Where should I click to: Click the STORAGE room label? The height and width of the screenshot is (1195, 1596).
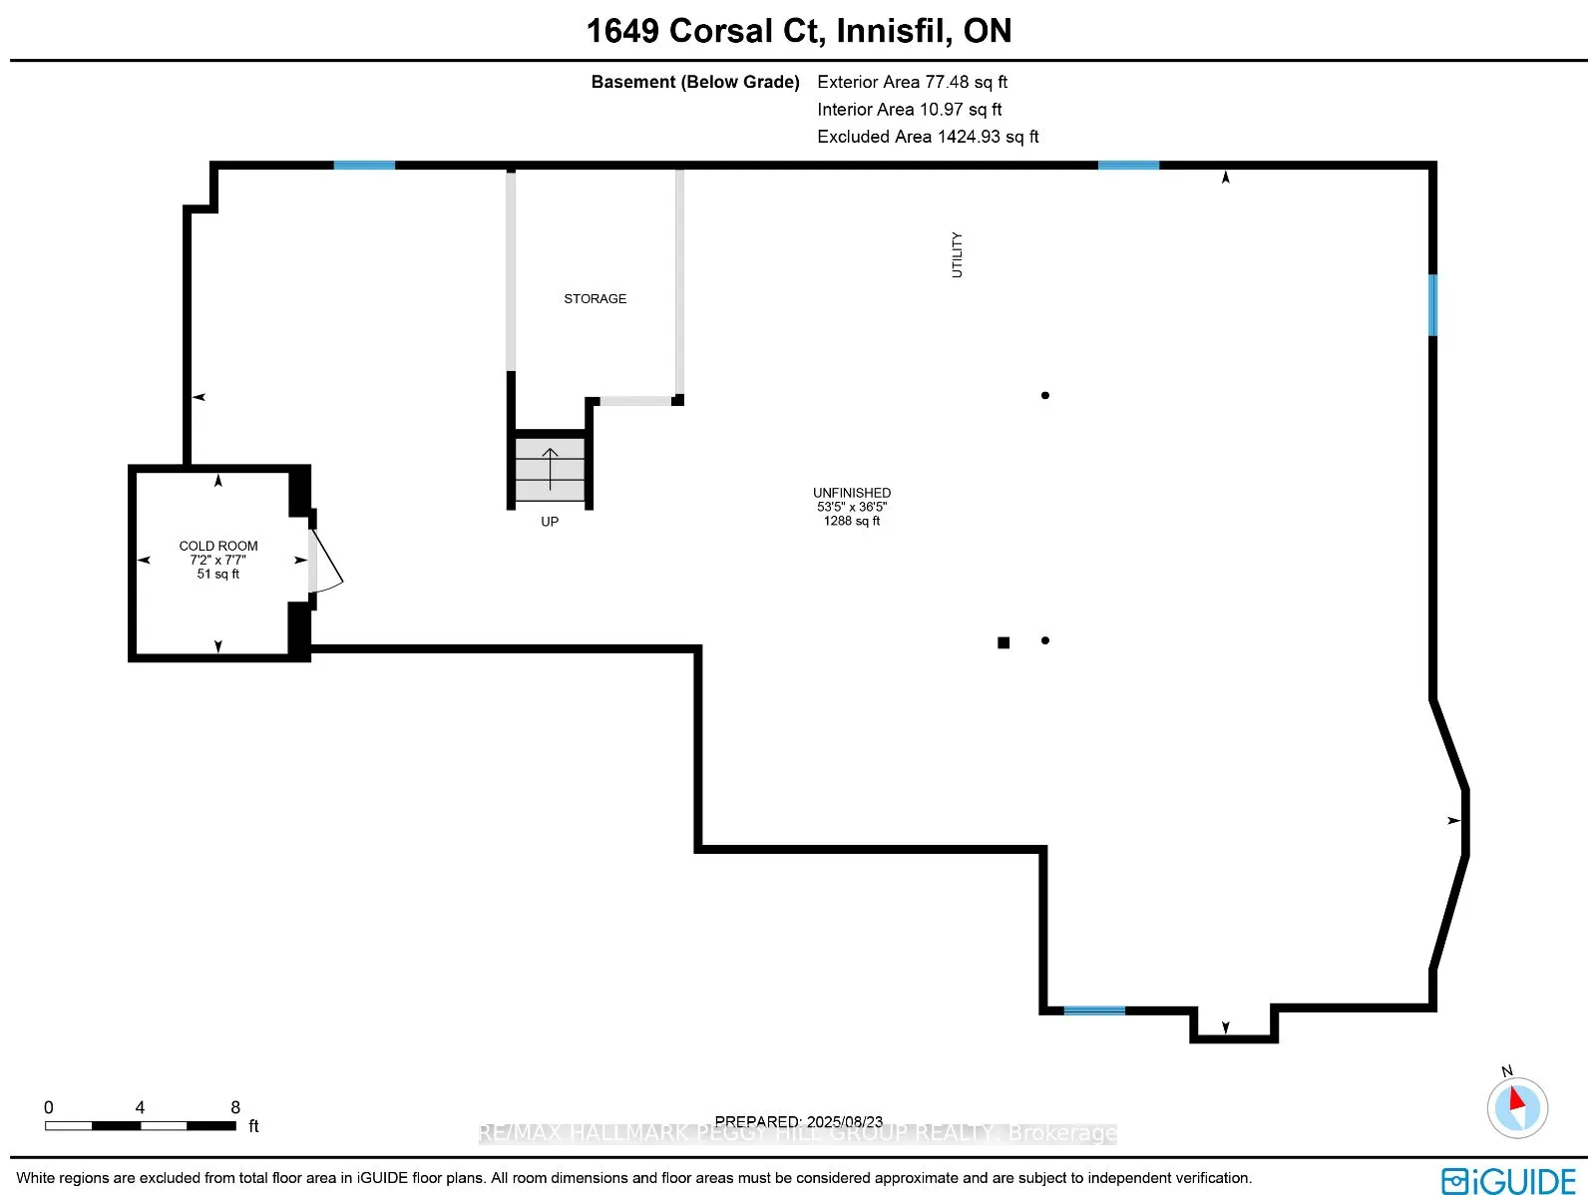[x=595, y=298]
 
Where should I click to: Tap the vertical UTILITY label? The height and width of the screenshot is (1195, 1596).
[x=957, y=254]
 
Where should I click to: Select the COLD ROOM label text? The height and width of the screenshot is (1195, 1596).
[x=218, y=546]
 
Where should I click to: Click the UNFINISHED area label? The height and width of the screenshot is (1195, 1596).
[x=851, y=493]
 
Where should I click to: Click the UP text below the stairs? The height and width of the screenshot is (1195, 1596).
[x=550, y=522]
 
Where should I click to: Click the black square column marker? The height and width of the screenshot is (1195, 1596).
[x=1003, y=642]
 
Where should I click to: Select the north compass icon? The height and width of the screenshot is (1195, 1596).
[x=1516, y=1106]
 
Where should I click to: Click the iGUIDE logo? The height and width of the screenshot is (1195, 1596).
[x=1508, y=1181]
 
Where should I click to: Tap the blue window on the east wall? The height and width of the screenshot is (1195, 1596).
[x=1432, y=305]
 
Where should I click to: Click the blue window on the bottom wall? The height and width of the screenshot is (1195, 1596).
[x=1094, y=1010]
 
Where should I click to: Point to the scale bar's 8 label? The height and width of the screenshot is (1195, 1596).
[x=235, y=1107]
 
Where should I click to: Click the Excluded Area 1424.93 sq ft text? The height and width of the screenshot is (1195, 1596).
[x=928, y=137]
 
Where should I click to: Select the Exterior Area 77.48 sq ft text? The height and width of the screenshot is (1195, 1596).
[x=912, y=82]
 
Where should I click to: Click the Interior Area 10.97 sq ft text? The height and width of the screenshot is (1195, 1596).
[x=909, y=110]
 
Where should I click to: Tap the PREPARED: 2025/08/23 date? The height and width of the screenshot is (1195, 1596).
[x=798, y=1121]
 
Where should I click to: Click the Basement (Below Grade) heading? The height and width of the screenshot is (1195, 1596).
[x=695, y=82]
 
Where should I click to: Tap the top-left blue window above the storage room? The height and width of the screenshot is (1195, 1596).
[x=364, y=165]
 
